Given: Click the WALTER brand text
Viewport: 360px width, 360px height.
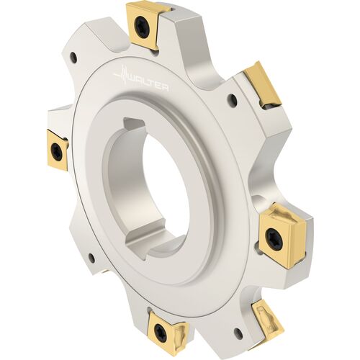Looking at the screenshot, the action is pyautogui.click(x=148, y=84).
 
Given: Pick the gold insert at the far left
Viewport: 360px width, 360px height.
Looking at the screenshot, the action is pyautogui.click(x=58, y=150).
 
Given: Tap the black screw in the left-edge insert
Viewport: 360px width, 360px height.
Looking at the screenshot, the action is pyautogui.click(x=56, y=149).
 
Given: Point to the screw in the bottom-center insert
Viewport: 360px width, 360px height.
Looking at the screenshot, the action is pyautogui.click(x=159, y=330).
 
